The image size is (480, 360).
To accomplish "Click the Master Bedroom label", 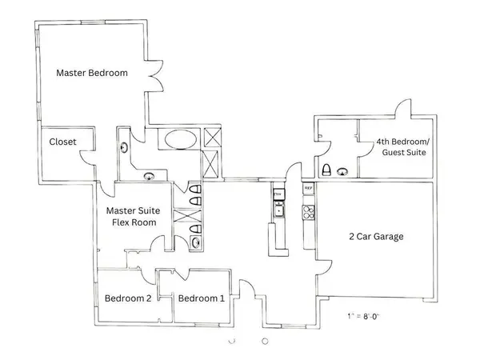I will click(x=92, y=73).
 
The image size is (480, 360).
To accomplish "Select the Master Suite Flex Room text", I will click(x=133, y=217).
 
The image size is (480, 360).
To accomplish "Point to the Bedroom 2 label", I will click(x=128, y=298).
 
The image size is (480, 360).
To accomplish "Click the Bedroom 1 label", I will click(x=201, y=298).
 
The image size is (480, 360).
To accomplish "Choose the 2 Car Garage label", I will click(x=375, y=237).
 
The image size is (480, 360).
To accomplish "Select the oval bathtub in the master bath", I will click(x=177, y=142).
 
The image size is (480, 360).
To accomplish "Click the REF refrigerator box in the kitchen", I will click(x=308, y=188).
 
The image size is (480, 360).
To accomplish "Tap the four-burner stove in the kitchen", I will click(x=308, y=212).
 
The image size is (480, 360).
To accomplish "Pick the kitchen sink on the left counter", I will click(x=278, y=210).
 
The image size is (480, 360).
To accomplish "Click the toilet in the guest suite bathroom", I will click(x=326, y=170).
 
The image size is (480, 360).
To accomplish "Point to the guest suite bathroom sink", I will click(x=344, y=170).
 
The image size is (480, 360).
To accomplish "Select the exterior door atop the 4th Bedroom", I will click(x=402, y=107).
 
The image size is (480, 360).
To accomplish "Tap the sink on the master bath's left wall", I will click(x=124, y=146).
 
